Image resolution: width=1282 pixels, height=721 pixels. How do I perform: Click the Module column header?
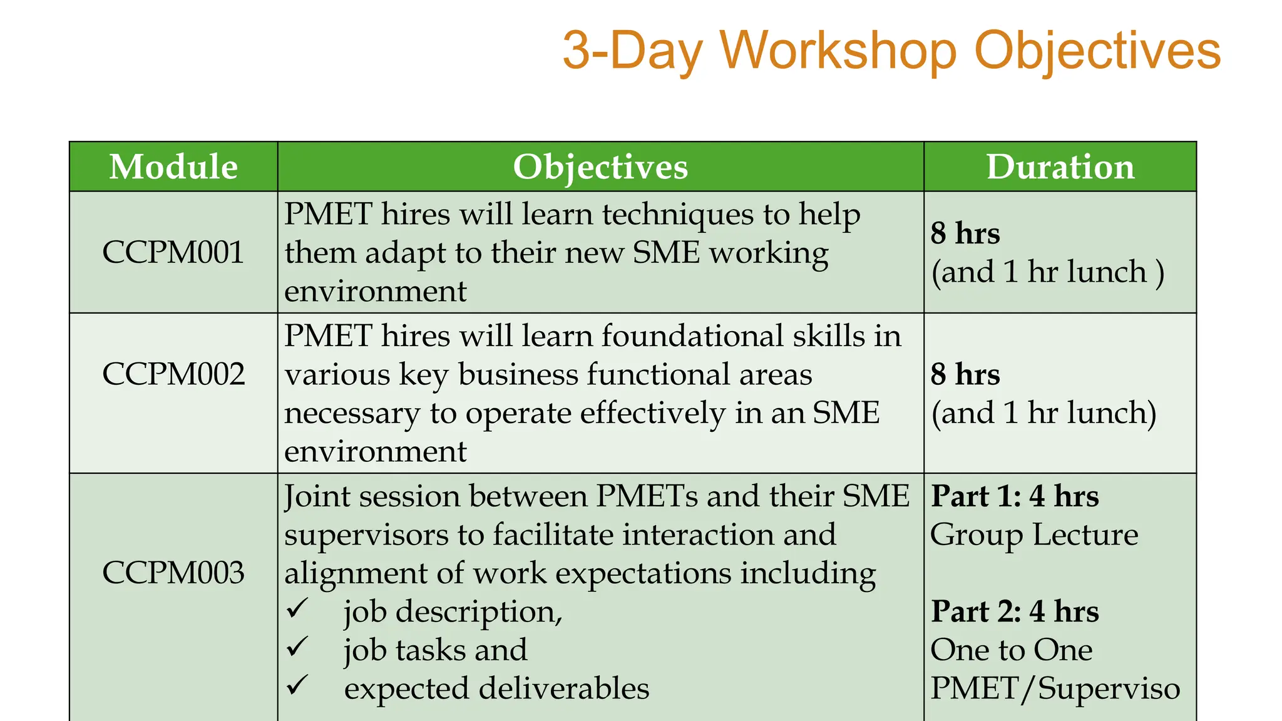tap(173, 167)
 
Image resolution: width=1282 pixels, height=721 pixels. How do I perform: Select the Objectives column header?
tap(600, 167)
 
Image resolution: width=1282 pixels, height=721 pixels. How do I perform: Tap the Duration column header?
tap(1060, 167)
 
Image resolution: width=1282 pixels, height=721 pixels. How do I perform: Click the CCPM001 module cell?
tap(173, 252)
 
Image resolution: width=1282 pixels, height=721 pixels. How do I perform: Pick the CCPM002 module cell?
tap(173, 374)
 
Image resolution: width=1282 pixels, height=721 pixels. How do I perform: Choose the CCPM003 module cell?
tap(173, 573)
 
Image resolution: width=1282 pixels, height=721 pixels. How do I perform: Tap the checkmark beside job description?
tap(297, 608)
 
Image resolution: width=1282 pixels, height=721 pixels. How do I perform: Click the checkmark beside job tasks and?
tap(297, 647)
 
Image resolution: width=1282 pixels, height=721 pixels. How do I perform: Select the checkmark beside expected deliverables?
tap(297, 685)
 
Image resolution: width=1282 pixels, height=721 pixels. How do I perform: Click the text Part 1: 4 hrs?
tap(1015, 496)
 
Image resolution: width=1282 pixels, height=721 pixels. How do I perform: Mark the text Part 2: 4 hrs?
tap(1015, 611)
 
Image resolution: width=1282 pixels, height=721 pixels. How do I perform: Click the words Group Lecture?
tap(1034, 535)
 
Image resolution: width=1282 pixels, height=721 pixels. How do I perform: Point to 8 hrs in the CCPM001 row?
tap(965, 233)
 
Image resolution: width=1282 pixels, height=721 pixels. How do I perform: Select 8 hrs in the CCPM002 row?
tap(965, 374)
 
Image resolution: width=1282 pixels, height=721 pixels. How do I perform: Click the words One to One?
tap(1012, 650)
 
